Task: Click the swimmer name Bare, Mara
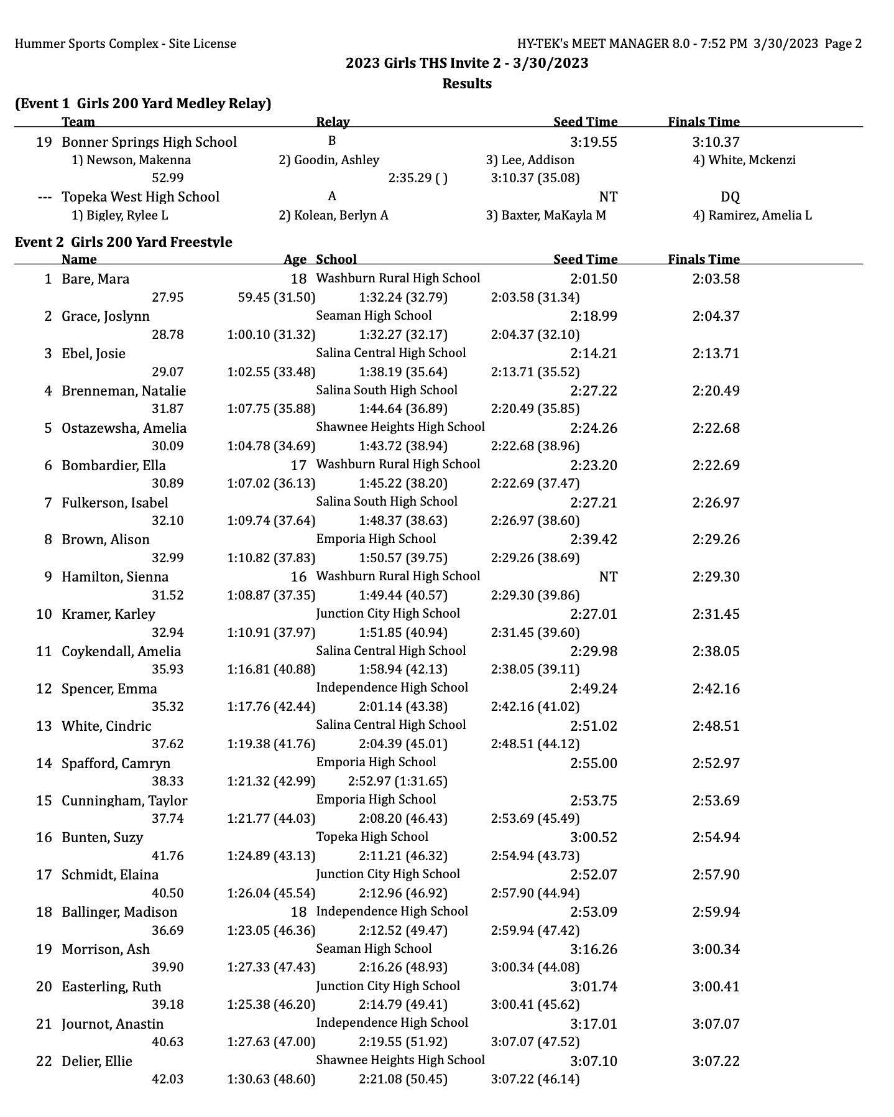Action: pyautogui.click(x=95, y=279)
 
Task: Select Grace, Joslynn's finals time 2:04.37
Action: pyautogui.click(x=716, y=316)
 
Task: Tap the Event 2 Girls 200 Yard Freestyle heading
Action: pyautogui.click(x=123, y=242)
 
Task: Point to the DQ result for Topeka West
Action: pyautogui.click(x=730, y=197)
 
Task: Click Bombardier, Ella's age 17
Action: pyautogui.click(x=298, y=465)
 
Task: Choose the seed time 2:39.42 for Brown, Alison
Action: pyautogui.click(x=593, y=539)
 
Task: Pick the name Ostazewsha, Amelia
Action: pyautogui.click(x=124, y=428)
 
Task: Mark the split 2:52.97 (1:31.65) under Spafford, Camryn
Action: pyautogui.click(x=397, y=781)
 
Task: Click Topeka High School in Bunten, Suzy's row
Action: pyautogui.click(x=372, y=837)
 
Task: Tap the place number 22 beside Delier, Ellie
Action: pyautogui.click(x=44, y=1061)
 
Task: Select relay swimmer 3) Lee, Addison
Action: pyautogui.click(x=530, y=160)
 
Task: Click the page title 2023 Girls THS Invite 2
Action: pyautogui.click(x=466, y=63)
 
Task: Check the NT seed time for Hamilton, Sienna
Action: pyautogui.click(x=607, y=577)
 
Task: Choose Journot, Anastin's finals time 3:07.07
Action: pyautogui.click(x=716, y=1024)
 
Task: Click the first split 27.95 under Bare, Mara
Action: pyautogui.click(x=167, y=297)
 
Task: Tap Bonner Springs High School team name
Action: pyautogui.click(x=149, y=142)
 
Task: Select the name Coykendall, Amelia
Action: pyautogui.click(x=121, y=651)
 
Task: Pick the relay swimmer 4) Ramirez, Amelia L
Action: pyautogui.click(x=752, y=215)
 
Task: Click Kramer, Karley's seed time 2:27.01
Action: pyautogui.click(x=593, y=614)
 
